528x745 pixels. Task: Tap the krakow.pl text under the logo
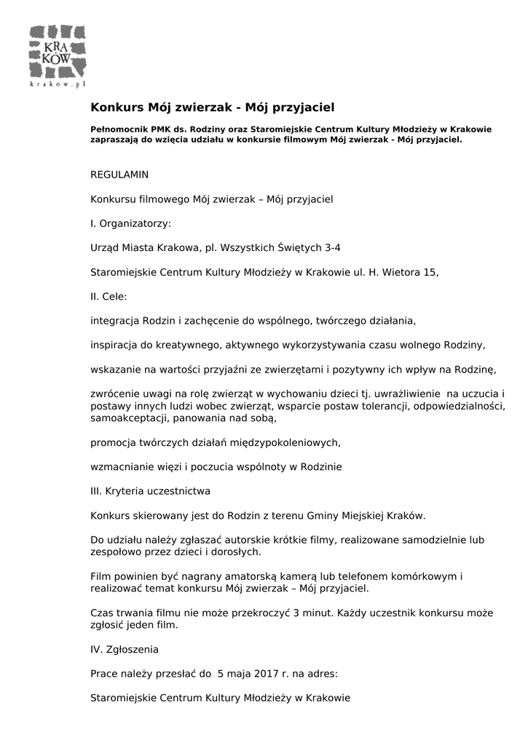[x=58, y=84]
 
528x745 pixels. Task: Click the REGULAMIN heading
[x=119, y=175]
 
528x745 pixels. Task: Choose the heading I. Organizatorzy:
[x=130, y=223]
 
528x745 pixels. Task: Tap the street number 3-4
[x=332, y=247]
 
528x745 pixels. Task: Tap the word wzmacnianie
[x=120, y=466]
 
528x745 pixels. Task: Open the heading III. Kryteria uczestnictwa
[x=150, y=491]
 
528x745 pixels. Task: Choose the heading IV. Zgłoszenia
[x=125, y=649]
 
